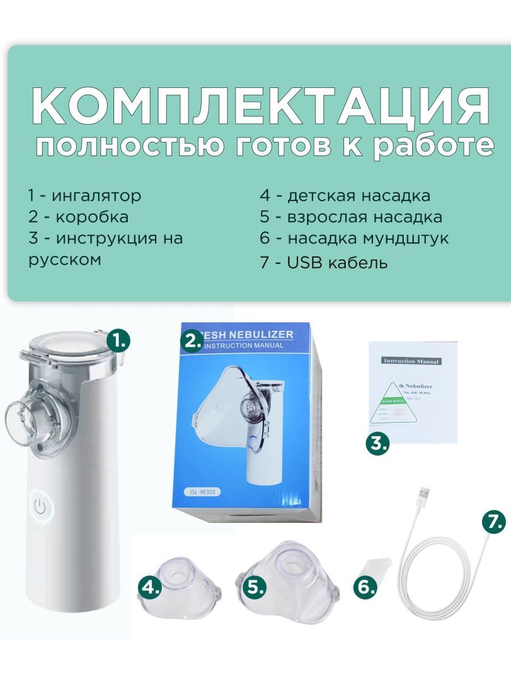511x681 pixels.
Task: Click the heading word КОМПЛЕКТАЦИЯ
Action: point(260,106)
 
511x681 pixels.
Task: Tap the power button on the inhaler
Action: point(40,507)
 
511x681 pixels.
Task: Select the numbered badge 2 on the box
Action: point(192,340)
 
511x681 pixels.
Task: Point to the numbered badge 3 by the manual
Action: point(377,443)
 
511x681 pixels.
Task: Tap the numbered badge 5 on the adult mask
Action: point(254,587)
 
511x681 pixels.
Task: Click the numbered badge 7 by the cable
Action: point(493,521)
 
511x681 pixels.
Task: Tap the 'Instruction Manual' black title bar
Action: point(411,361)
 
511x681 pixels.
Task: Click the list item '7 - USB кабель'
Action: point(324,263)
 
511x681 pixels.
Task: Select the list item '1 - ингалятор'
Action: point(85,196)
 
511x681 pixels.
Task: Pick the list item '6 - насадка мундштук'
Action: point(354,238)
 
